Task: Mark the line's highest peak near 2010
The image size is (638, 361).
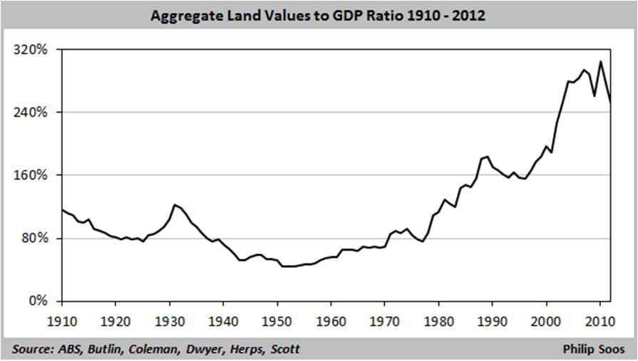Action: [x=600, y=61]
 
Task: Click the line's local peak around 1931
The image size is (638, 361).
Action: [x=175, y=204]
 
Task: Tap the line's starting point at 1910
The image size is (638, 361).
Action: [x=62, y=209]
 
